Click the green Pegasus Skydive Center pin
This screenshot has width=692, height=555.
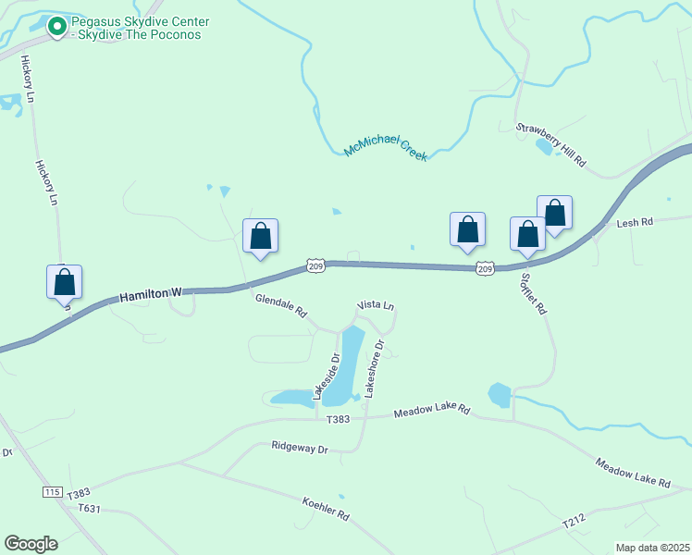(57, 29)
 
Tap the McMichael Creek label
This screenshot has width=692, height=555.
(386, 147)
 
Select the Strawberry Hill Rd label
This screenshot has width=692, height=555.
(551, 144)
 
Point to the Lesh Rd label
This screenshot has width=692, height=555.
(635, 222)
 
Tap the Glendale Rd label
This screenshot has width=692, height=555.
(281, 306)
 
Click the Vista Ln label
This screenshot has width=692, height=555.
(376, 305)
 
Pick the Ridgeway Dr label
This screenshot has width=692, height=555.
(300, 447)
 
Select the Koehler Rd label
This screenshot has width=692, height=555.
(326, 508)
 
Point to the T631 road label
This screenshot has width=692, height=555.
(90, 508)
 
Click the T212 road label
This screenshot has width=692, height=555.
(574, 524)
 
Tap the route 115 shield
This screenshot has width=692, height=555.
(52, 490)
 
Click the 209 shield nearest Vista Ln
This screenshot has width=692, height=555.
(316, 266)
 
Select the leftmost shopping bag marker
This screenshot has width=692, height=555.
(65, 282)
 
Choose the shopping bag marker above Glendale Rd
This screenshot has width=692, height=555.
(261, 236)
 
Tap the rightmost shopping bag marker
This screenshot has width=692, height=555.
(554, 214)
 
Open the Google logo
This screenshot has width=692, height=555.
(31, 544)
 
